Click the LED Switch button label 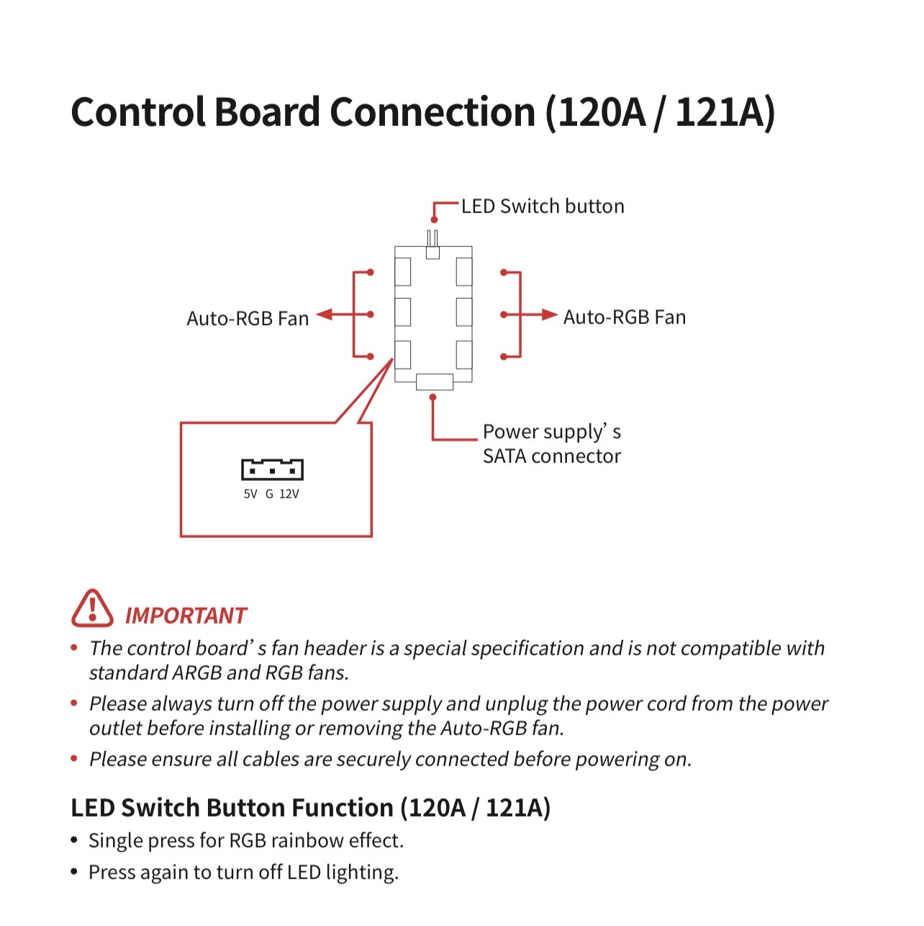click(x=543, y=206)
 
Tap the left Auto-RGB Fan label click(x=248, y=318)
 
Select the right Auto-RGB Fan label click(x=625, y=317)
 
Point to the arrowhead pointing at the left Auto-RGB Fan click(x=324, y=315)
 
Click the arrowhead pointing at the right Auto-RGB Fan click(x=550, y=315)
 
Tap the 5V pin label click(x=250, y=494)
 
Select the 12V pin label click(x=289, y=494)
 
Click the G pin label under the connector click(x=269, y=494)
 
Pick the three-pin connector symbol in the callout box click(x=272, y=469)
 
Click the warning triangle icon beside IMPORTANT click(x=92, y=609)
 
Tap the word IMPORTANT click(x=186, y=616)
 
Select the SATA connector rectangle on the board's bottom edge click(x=434, y=382)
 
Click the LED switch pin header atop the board click(x=432, y=245)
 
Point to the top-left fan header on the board click(x=402, y=271)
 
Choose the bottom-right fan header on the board click(x=464, y=355)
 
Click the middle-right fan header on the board click(x=464, y=312)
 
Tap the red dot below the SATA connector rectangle click(x=432, y=397)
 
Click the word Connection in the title click(x=432, y=112)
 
